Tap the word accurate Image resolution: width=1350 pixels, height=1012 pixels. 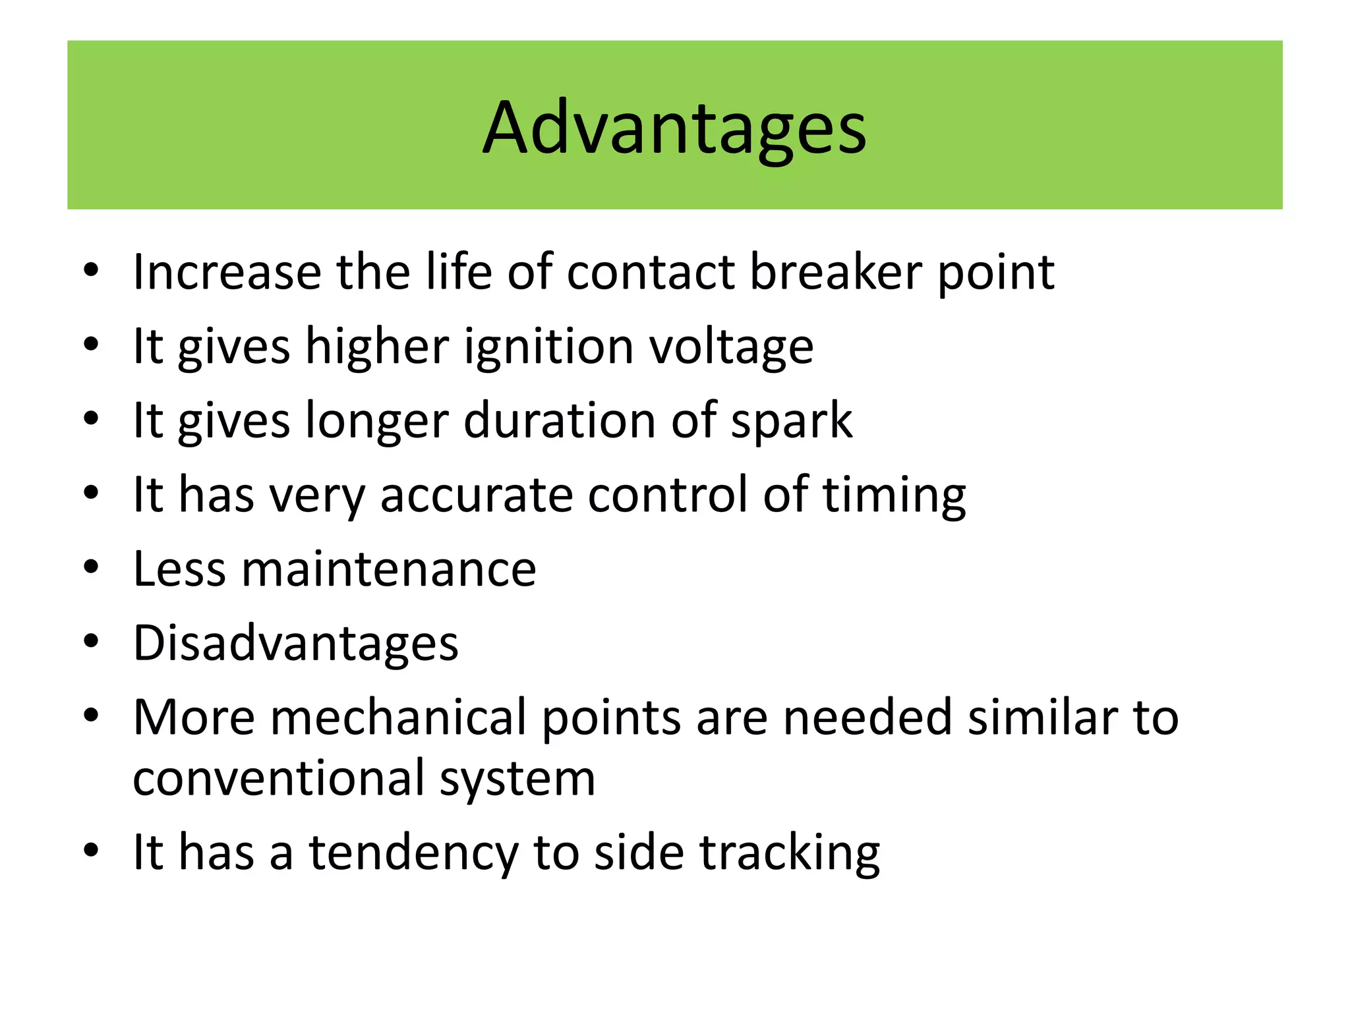coord(477,495)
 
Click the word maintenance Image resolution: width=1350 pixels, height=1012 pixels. coord(388,569)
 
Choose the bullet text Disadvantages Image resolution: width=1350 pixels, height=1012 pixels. coord(295,643)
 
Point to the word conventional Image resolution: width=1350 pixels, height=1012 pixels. coord(278,778)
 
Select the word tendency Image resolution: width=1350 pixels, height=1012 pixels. coord(414,853)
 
